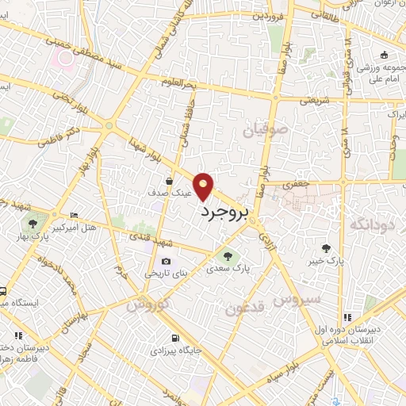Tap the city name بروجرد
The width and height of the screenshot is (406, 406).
(224, 212)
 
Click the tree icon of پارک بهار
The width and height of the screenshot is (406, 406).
(33, 223)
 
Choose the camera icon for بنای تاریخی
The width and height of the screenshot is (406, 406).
(166, 261)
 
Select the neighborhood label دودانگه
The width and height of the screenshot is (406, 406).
(366, 224)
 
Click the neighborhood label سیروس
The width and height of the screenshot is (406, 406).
(295, 299)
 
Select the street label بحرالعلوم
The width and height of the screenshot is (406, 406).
(178, 82)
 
